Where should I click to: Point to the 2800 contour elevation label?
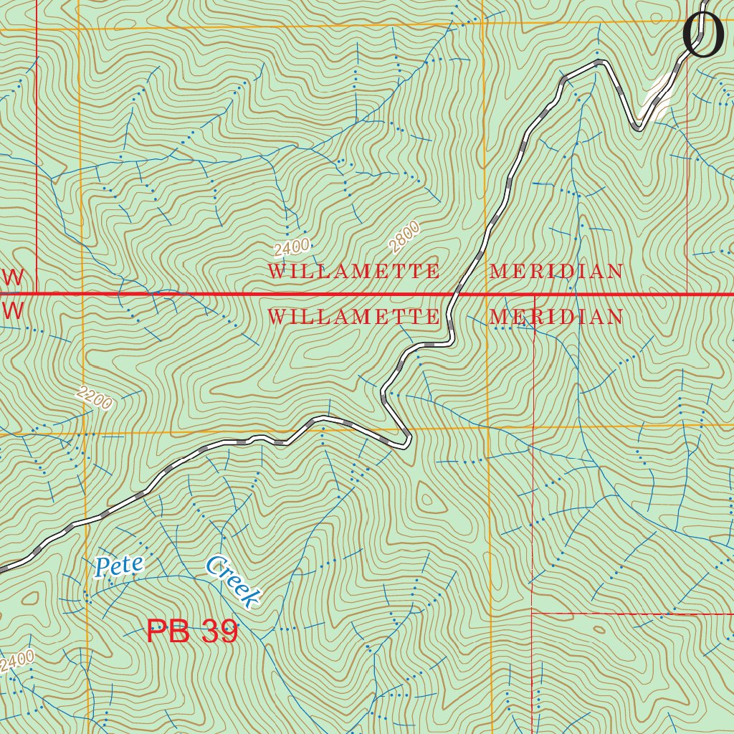coord(404,237)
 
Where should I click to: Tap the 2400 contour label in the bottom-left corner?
coord(17,661)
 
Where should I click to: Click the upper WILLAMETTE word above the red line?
coord(353,272)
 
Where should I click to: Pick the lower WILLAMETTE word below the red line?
coord(353,317)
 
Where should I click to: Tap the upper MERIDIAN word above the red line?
coord(556,272)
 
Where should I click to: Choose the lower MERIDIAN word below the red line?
coord(556,317)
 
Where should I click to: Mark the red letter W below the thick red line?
coord(12,310)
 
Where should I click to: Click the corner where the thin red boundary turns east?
coord(532,613)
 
